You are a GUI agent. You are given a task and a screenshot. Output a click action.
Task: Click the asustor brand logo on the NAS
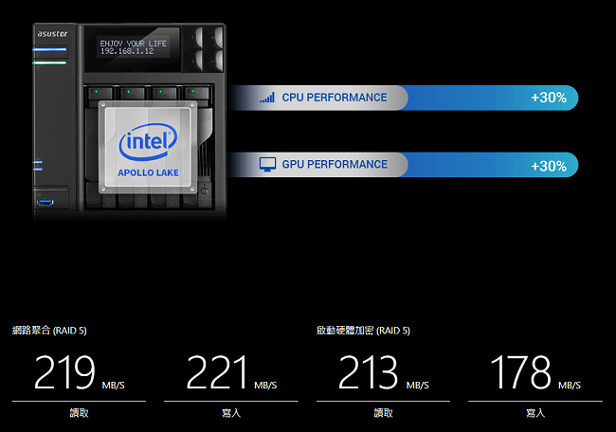point(53,34)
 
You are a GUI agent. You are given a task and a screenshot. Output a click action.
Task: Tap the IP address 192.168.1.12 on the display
point(127,51)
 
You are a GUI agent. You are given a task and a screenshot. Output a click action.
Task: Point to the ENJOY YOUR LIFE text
point(134,44)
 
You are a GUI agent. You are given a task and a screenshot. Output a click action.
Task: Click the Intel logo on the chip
point(148,142)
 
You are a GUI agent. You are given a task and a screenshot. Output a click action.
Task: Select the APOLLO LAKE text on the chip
point(148,172)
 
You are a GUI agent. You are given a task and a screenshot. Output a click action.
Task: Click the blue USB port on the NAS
point(45,203)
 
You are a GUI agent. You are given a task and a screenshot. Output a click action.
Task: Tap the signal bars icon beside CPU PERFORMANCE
point(267,98)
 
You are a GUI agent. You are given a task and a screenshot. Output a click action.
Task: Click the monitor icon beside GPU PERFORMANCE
point(267,165)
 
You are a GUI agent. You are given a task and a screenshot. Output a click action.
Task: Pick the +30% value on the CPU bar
point(549,98)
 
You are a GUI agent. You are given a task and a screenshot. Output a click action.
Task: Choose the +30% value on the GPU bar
point(549,166)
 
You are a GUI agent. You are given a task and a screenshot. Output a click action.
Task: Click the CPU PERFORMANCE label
point(335,98)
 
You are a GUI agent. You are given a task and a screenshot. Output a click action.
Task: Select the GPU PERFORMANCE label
point(335,164)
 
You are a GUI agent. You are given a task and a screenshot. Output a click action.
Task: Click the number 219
point(64,372)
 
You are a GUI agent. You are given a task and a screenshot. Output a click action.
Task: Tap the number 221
point(216,372)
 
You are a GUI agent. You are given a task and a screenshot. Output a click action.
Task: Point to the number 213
point(368,372)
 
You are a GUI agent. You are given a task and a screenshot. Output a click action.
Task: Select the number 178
point(520,372)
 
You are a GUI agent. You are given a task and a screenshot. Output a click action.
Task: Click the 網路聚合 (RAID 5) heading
point(49,331)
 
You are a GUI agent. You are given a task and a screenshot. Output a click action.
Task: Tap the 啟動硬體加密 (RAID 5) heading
point(363,331)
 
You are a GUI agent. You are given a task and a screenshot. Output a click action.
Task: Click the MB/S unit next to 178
point(570,386)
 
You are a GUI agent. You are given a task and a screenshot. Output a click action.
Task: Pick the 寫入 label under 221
point(231,413)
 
